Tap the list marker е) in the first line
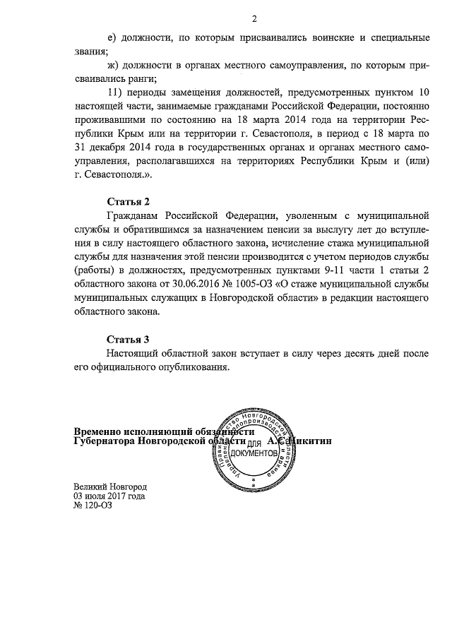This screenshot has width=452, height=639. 112,37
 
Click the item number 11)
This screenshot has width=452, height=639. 115,92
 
